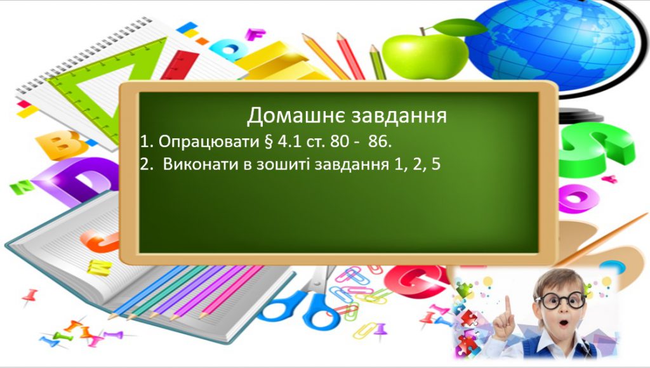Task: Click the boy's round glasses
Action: (x=559, y=300)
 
